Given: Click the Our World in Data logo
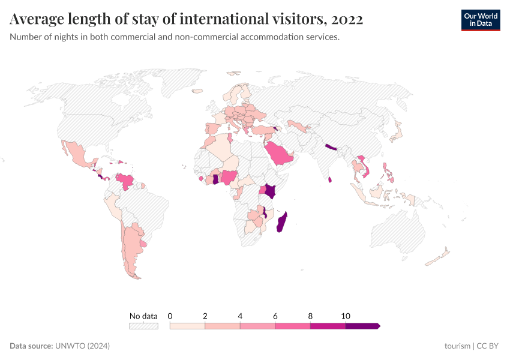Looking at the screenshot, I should click(480, 20).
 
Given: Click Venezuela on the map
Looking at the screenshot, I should click(125, 179).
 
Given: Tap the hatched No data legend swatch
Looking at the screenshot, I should click(143, 326).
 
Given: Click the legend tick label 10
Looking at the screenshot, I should click(346, 316).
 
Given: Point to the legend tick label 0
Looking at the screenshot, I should click(170, 316).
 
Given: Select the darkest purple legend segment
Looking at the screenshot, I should click(362, 326).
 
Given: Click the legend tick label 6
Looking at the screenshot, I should click(275, 316).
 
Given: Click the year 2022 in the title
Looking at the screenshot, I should click(347, 19).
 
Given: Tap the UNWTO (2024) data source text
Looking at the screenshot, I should click(82, 346).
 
